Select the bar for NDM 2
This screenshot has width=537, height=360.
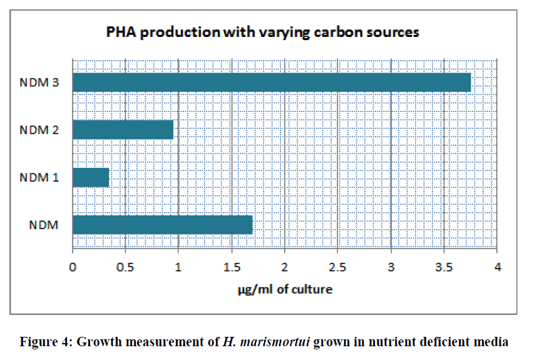click(123, 130)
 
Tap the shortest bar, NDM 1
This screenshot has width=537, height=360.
click(91, 177)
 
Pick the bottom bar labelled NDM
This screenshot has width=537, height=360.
click(162, 224)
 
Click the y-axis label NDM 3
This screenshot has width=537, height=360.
click(39, 83)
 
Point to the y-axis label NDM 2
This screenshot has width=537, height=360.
click(39, 130)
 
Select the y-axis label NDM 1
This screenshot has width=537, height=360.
click(39, 178)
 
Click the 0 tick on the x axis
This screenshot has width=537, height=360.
click(73, 268)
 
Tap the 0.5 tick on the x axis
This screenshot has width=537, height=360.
click(125, 268)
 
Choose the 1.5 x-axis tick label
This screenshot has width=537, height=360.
click(232, 268)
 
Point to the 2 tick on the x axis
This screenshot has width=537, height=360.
click(285, 268)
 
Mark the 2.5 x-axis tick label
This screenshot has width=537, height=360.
click(338, 268)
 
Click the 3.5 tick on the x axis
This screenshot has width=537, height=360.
click(444, 268)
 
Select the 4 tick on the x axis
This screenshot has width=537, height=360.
click(498, 268)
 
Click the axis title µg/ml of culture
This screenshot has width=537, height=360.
click(285, 289)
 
